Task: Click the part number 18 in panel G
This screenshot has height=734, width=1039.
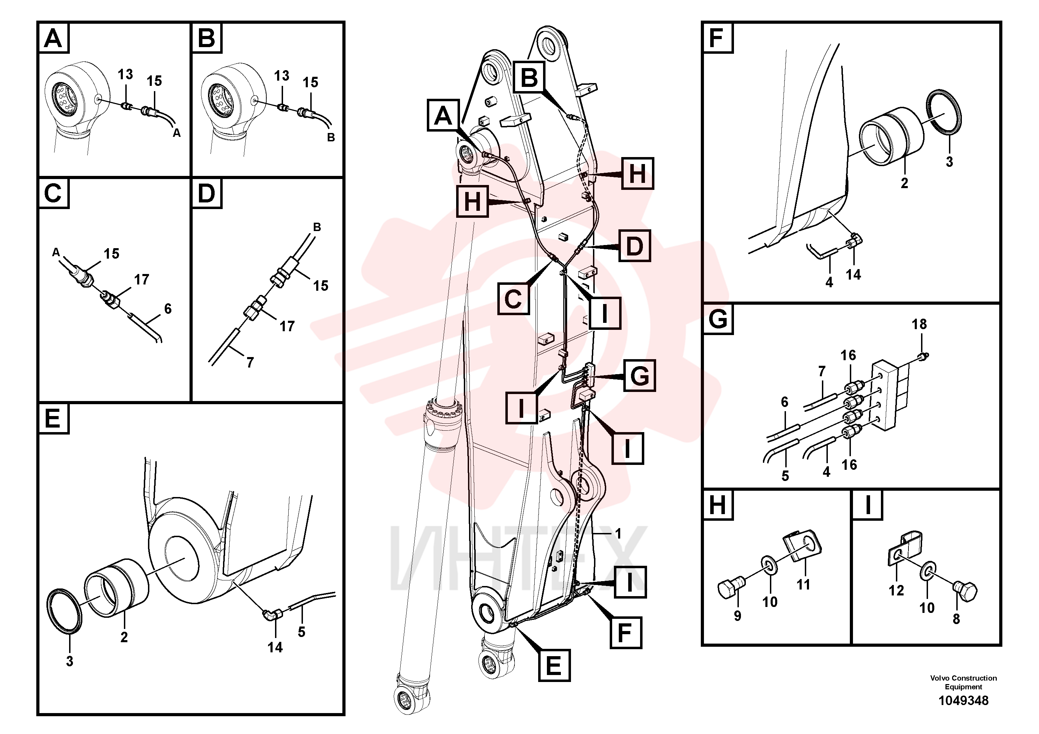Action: point(919,324)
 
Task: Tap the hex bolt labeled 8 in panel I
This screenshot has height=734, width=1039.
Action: point(965,593)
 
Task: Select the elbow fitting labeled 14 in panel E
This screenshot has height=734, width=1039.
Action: point(273,614)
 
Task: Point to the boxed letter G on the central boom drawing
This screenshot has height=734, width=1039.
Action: point(639,375)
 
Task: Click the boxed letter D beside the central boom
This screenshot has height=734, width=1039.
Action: point(634,246)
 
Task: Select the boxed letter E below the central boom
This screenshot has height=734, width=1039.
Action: point(554,665)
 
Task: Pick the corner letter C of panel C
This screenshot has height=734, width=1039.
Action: point(53,193)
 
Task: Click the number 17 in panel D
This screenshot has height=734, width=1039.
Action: point(287,326)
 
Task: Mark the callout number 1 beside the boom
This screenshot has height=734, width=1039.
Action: point(618,534)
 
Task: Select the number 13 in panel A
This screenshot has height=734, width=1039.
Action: point(125,74)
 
